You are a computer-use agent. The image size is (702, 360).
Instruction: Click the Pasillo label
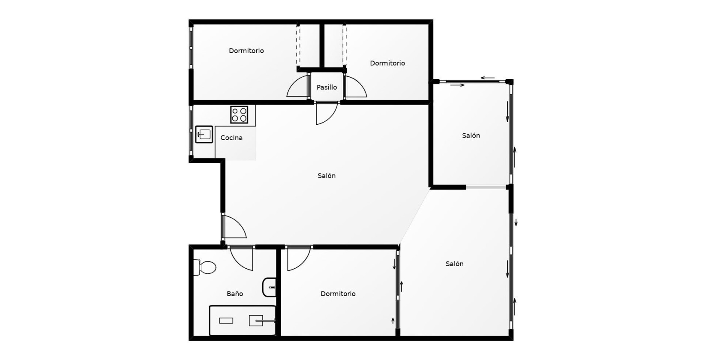pyautogui.click(x=327, y=87)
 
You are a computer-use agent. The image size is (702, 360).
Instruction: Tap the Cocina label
pyautogui.click(x=231, y=138)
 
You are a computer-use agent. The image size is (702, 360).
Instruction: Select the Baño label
pyautogui.click(x=235, y=294)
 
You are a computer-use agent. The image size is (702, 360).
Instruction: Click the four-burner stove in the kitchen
pyautogui.click(x=239, y=114)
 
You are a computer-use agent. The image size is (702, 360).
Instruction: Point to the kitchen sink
pyautogui.click(x=204, y=134)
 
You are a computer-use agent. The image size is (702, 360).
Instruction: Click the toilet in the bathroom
pyautogui.click(x=205, y=268)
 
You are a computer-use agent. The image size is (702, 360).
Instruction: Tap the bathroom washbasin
pyautogui.click(x=270, y=287)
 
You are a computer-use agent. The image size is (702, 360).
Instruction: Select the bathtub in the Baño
pyautogui.click(x=243, y=320)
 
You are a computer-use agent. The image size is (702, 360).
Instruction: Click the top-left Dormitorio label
pyautogui.click(x=246, y=51)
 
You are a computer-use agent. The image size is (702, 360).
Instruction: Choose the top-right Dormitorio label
pyautogui.click(x=387, y=63)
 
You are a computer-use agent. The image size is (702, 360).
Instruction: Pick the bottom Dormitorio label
pyautogui.click(x=338, y=294)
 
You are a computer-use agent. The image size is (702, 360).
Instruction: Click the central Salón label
pyautogui.click(x=327, y=176)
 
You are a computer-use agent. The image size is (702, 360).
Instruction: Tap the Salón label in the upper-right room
pyautogui.click(x=471, y=135)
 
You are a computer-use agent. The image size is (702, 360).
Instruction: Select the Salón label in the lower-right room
pyautogui.click(x=454, y=264)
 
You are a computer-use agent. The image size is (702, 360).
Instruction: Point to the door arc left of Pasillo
pyautogui.click(x=297, y=87)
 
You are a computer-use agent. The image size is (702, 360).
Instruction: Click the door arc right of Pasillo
pyautogui.click(x=356, y=87)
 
